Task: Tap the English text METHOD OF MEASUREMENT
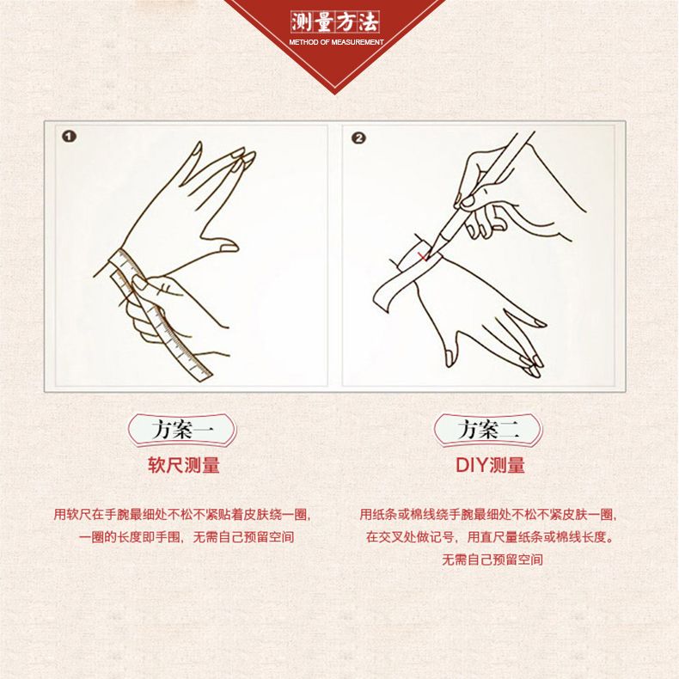[336, 42]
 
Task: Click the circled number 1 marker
[70, 137]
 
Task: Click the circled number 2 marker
[358, 138]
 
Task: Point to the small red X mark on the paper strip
[422, 256]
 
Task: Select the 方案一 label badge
[182, 430]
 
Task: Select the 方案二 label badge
[488, 430]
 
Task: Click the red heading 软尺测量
[184, 465]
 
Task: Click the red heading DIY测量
[490, 465]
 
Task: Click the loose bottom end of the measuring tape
[203, 373]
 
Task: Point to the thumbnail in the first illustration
[229, 248]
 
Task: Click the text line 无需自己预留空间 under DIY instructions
[492, 560]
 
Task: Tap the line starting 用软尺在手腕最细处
[182, 515]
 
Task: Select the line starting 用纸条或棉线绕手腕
[488, 515]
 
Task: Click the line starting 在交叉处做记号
[490, 537]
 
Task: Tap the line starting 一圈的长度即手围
[187, 537]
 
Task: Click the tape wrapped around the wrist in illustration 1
[124, 264]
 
